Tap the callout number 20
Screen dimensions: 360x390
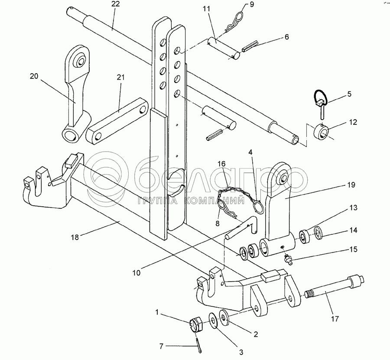pyautogui.click(x=34, y=76)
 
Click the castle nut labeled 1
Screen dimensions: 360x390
pyautogui.click(x=197, y=324)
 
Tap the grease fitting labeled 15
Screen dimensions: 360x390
pyautogui.click(x=286, y=259)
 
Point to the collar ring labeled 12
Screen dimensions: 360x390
pyautogui.click(x=322, y=130)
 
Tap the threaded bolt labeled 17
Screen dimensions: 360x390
pyautogui.click(x=329, y=295)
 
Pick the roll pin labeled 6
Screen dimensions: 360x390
pyautogui.click(x=250, y=45)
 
